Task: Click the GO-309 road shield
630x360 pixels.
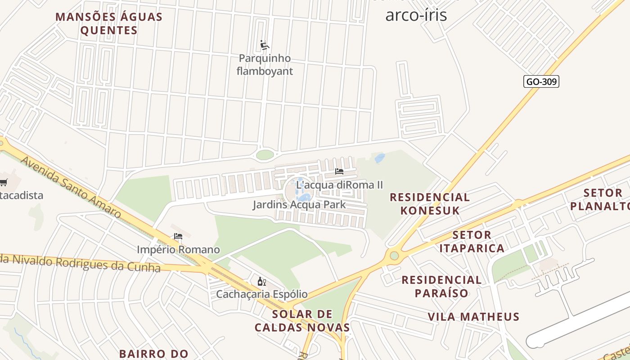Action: click(541, 81)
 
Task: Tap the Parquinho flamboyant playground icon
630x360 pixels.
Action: click(265, 45)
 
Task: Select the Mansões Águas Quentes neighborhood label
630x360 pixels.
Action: click(108, 24)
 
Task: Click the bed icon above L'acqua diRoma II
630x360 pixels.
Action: click(339, 171)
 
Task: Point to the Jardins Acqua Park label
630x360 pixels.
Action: click(299, 205)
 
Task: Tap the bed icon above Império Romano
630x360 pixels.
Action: click(178, 236)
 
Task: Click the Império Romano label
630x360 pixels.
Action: click(178, 249)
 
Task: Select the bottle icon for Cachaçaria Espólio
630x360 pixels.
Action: click(261, 282)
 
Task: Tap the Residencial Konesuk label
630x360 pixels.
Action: click(430, 204)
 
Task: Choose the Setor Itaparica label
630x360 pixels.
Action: click(472, 242)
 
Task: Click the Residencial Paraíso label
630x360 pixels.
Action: click(441, 287)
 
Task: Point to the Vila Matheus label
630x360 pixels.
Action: click(473, 317)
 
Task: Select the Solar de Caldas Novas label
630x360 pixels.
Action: click(302, 321)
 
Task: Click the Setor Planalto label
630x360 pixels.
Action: click(601, 200)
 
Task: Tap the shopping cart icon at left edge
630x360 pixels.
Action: click(4, 182)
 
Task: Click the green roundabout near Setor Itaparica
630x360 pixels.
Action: click(394, 256)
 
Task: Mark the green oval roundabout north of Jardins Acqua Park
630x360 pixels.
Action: click(265, 155)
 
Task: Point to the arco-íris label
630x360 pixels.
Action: click(416, 15)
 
